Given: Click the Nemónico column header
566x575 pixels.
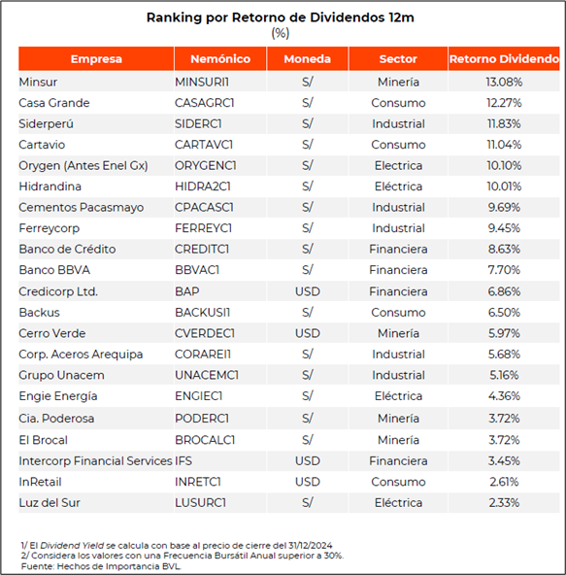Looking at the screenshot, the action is [x=220, y=58].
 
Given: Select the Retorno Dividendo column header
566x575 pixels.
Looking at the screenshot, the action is [x=504, y=58].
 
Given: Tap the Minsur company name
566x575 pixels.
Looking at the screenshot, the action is [x=38, y=82].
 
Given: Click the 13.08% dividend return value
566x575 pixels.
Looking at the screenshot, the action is [x=504, y=82].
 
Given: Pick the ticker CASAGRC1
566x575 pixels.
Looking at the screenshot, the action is [x=204, y=103].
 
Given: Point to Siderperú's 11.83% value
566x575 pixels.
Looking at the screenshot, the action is [x=504, y=123].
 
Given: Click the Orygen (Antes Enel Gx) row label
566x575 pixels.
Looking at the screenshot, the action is [x=83, y=165].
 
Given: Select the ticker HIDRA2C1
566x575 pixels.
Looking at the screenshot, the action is [x=203, y=186].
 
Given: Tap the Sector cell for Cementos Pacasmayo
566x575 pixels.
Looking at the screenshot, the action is [x=398, y=207].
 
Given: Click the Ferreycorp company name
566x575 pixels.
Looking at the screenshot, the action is [x=50, y=228].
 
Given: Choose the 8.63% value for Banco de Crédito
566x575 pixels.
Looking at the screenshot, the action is [x=504, y=249].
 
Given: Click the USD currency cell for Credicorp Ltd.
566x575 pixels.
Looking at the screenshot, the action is [x=308, y=291].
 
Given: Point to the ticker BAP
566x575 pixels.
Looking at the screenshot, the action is [x=187, y=291].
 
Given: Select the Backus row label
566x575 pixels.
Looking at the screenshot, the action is [x=39, y=313].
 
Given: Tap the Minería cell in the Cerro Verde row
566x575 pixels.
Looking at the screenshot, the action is [x=398, y=333].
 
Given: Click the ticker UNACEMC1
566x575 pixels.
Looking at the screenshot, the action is [x=207, y=375].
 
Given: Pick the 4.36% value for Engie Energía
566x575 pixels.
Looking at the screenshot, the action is [x=504, y=396].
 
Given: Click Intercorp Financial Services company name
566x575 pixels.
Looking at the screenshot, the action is [x=95, y=461].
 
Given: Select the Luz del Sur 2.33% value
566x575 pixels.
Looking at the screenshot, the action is [x=504, y=503].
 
